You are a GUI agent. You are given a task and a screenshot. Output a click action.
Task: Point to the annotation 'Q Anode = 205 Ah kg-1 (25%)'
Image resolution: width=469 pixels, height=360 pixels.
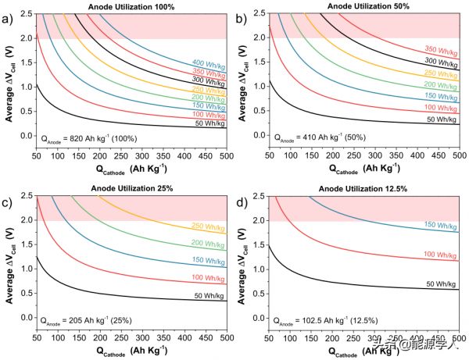click(x=86, y=319)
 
